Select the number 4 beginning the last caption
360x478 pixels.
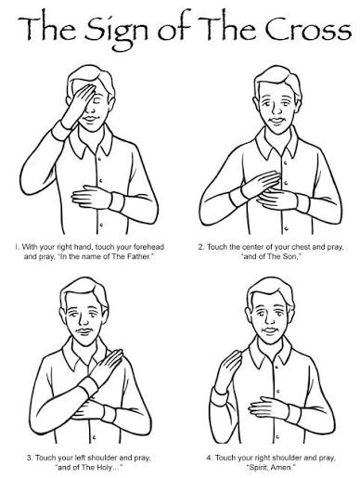click(209, 458)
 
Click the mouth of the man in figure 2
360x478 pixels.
click(277, 121)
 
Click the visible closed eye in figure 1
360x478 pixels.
click(98, 101)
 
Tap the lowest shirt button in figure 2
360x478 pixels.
click(287, 228)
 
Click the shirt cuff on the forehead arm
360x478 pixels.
click(62, 131)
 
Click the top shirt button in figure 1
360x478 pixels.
click(99, 159)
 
